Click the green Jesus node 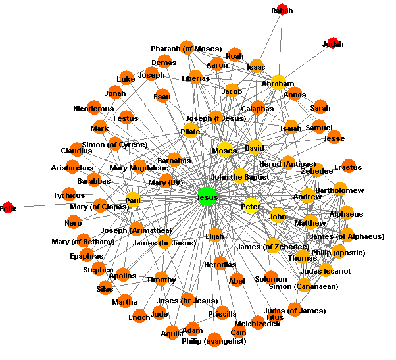click(x=207, y=197)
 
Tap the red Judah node click(x=333, y=44)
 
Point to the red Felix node click(x=8, y=208)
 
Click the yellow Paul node click(x=133, y=199)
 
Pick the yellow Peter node click(x=251, y=206)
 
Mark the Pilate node click(x=191, y=131)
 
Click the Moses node click(x=225, y=151)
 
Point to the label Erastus click(x=347, y=167)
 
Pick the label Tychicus click(x=69, y=195)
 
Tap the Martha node click(x=124, y=302)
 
